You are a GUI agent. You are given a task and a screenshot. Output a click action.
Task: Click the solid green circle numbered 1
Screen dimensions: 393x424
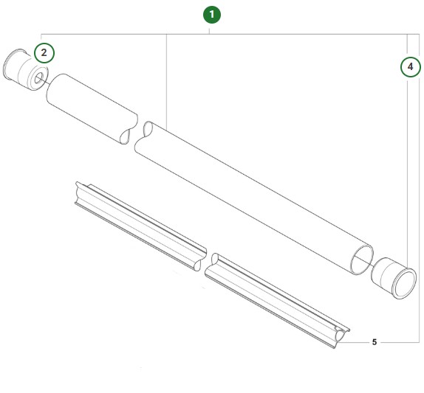pos(212,14)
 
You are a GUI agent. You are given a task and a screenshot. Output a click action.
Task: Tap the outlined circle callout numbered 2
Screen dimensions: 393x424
pos(44,52)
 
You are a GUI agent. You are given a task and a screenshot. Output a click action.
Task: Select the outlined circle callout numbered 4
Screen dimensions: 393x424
pos(408,66)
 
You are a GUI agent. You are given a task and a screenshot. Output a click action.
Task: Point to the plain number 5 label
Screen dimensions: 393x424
pos(375,342)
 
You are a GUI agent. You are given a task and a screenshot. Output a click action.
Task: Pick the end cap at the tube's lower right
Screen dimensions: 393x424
pos(394,278)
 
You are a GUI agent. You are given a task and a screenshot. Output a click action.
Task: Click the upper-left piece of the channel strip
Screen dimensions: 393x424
pos(140,225)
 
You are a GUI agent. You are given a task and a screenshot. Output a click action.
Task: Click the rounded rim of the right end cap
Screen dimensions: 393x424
pos(405,285)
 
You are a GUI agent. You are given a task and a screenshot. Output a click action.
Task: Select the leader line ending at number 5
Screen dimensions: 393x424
pos(358,342)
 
